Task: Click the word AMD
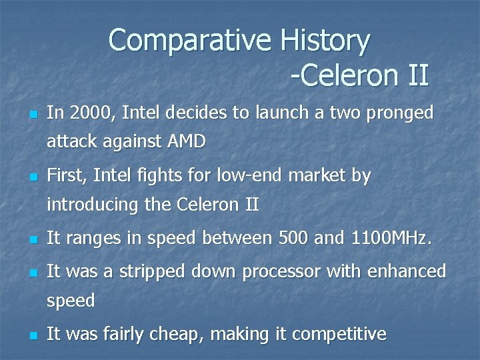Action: coord(187,141)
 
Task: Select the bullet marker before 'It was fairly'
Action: coord(31,335)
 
